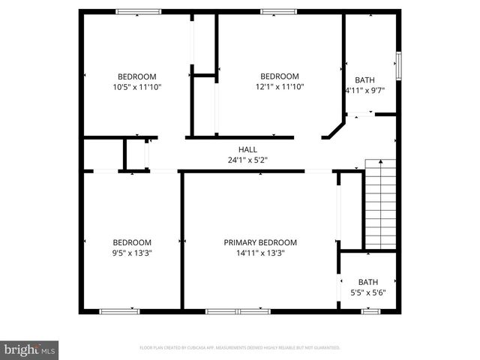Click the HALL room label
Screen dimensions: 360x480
point(247,149)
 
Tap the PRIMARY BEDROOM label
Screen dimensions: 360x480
point(260,242)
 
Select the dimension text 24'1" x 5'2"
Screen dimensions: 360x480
point(247,160)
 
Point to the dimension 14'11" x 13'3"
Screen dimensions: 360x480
point(260,253)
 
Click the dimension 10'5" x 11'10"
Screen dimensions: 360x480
point(136,86)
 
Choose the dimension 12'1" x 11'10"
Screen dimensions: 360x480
point(279,86)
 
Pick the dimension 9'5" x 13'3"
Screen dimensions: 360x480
point(132,253)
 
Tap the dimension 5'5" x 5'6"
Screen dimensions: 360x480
point(368,292)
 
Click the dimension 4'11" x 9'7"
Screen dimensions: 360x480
point(364,91)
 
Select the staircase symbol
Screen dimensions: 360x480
point(379,204)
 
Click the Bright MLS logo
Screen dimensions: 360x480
point(30,349)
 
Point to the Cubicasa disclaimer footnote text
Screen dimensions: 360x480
point(240,348)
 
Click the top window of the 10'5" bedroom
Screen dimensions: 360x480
point(138,11)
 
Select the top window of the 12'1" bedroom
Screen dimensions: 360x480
point(278,11)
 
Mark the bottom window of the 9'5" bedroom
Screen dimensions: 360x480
point(119,310)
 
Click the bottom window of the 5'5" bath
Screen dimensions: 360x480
point(372,310)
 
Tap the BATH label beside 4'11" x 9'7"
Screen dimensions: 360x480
point(364,80)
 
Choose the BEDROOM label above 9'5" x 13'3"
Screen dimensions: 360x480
point(132,242)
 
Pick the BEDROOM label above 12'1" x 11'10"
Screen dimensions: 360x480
point(279,76)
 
